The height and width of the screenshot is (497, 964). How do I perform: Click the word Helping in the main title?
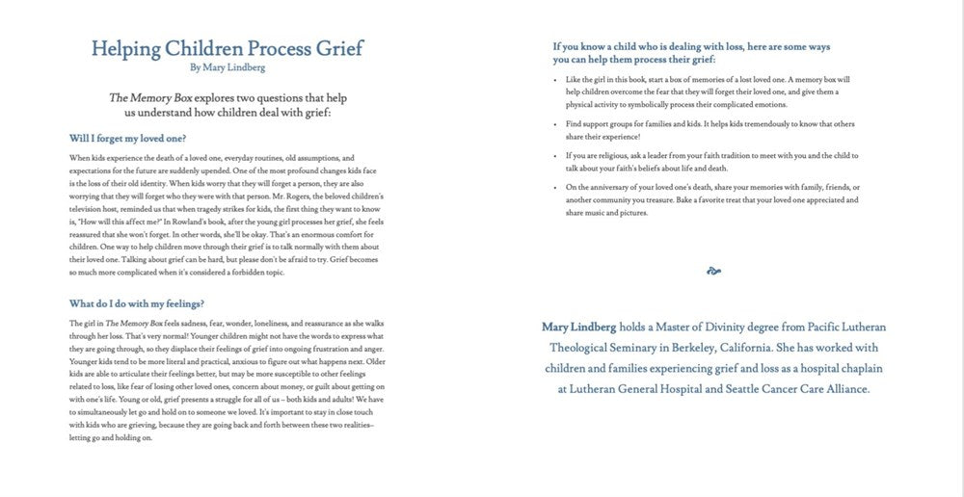coord(125,48)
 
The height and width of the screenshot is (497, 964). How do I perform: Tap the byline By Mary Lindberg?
coord(227,68)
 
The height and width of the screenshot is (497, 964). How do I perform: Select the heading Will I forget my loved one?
coord(128,138)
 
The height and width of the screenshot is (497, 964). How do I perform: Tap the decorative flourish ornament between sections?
coord(713,272)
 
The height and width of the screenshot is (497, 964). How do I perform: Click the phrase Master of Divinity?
coord(696,327)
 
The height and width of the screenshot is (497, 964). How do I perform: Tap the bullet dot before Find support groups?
coord(557,125)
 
